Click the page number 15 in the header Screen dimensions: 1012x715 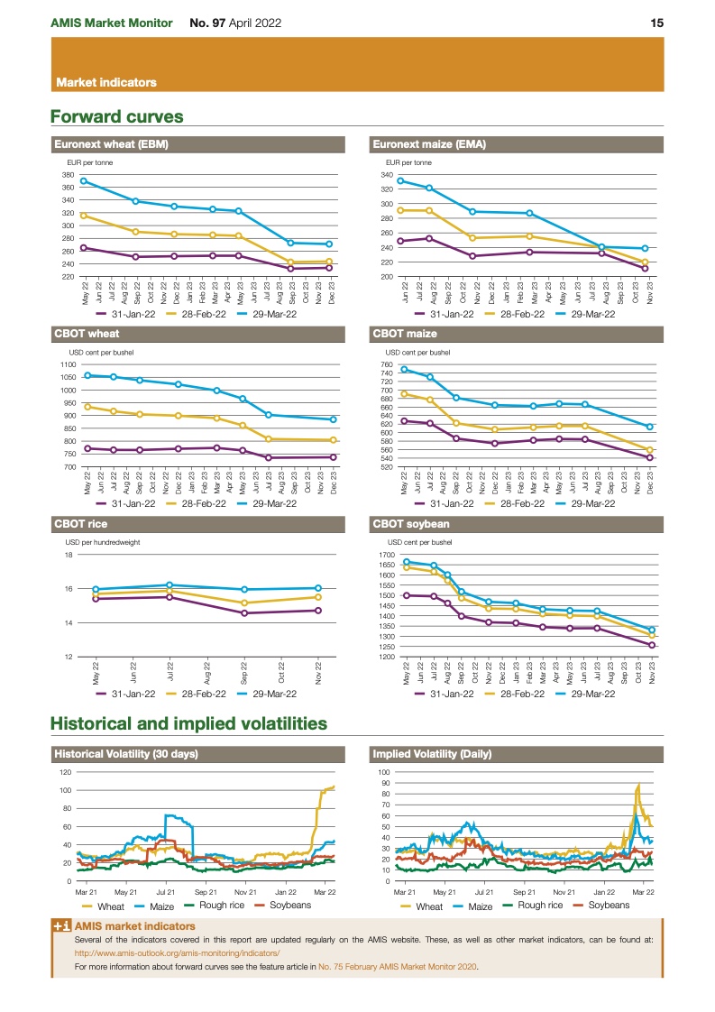click(657, 23)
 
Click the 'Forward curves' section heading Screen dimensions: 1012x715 click(117, 116)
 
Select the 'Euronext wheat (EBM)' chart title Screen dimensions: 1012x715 click(112, 143)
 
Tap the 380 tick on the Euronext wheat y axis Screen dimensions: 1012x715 click(68, 174)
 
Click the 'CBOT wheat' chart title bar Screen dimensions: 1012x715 click(87, 334)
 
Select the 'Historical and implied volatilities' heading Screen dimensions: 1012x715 click(188, 723)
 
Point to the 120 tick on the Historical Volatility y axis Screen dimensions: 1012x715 click(66, 772)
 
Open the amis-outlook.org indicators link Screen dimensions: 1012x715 click(178, 952)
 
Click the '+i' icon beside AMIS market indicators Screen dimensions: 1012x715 click(62, 925)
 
